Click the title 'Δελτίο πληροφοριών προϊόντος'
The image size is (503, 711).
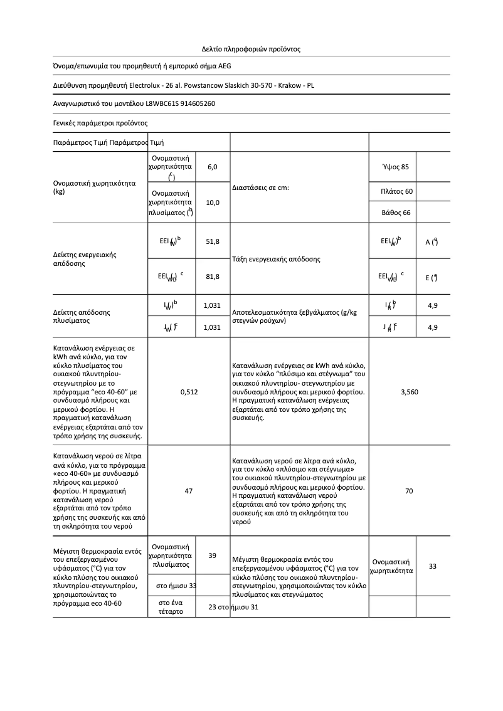(251, 48)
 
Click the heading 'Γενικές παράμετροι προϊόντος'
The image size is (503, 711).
(100, 123)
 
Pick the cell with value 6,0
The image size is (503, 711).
(212, 167)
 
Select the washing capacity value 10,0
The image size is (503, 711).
(212, 203)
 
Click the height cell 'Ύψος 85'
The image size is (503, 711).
(395, 167)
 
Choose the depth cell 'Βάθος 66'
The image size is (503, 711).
(396, 213)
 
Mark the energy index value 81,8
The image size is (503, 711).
(212, 276)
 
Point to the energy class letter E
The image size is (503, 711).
(426, 277)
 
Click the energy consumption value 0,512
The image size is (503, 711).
(189, 392)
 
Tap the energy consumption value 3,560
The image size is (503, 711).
(409, 392)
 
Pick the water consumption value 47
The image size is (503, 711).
(189, 491)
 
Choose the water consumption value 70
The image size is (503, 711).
(409, 491)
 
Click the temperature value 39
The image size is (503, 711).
(212, 556)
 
